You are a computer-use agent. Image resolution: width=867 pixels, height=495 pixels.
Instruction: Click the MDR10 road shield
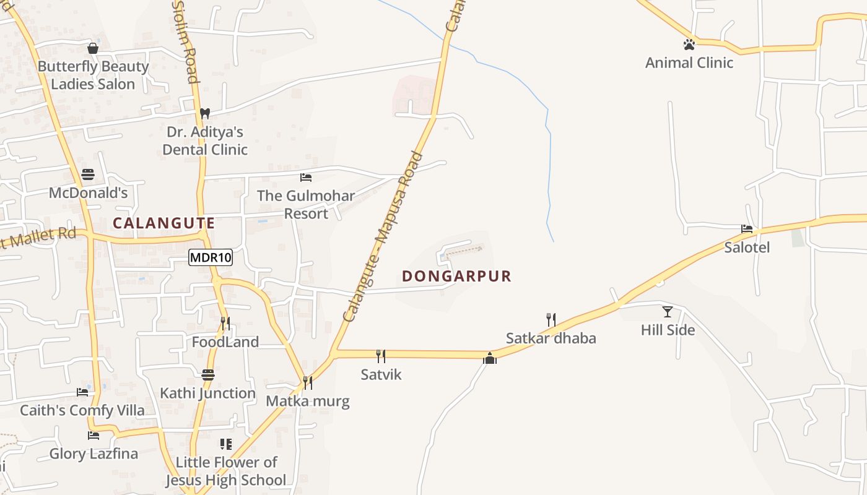coord(211,258)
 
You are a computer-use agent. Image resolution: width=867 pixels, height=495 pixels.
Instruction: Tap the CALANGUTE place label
coord(164,223)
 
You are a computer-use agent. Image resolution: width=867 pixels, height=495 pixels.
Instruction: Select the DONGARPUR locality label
coord(457,276)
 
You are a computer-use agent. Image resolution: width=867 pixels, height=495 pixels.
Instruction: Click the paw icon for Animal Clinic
coord(689,45)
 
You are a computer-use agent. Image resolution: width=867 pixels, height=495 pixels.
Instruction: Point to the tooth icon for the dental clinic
coord(205,113)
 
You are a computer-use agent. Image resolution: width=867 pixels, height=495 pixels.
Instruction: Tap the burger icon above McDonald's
coord(88,174)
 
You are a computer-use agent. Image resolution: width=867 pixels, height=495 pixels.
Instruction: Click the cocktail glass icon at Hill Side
coord(667,311)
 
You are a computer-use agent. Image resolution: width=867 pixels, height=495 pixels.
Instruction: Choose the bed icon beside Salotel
coord(747,229)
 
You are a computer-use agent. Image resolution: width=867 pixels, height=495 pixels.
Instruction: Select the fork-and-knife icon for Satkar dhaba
coord(551,319)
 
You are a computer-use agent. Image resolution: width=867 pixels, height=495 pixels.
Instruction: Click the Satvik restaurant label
coord(381,374)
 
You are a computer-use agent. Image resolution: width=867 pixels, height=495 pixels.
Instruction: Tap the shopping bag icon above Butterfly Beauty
coord(93,48)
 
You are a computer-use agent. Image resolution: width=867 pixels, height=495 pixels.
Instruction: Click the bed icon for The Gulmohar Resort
coord(306,178)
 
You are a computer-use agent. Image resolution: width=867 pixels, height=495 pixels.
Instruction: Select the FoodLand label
coord(225,342)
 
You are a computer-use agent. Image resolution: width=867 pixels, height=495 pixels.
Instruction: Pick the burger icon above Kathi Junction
coord(208,375)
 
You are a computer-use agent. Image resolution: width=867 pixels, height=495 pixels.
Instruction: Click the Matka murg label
coord(308,401)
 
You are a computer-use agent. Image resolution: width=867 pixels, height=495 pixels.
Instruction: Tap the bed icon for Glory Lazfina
coord(94,436)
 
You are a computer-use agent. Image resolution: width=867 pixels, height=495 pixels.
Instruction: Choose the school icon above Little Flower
coord(226,444)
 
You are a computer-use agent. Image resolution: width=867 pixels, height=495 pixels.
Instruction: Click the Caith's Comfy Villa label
coord(82,410)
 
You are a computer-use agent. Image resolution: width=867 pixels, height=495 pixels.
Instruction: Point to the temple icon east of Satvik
coord(490,358)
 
